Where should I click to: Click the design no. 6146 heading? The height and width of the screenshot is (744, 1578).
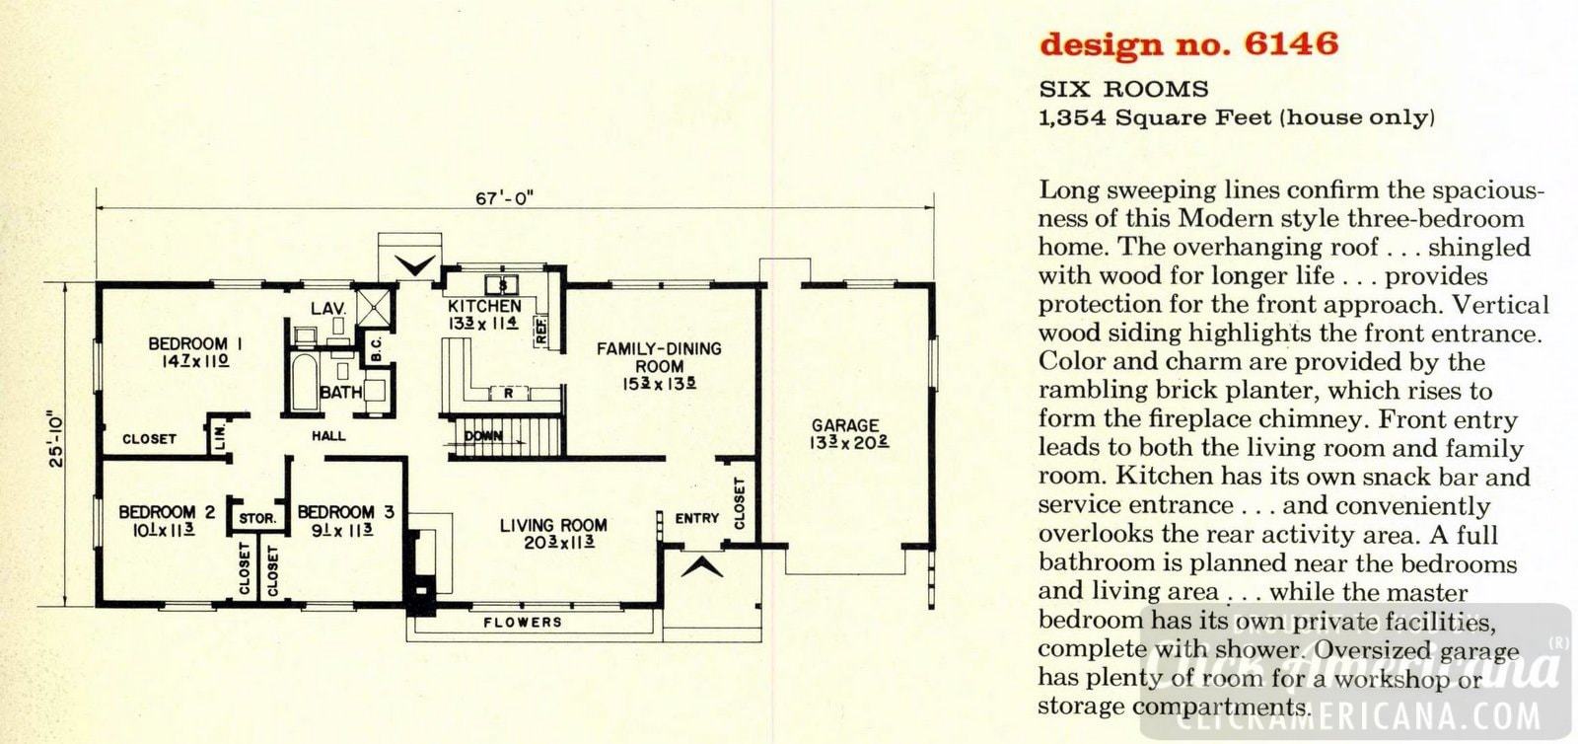pyautogui.click(x=1188, y=44)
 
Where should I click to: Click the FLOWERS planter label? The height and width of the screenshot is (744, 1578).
pyautogui.click(x=522, y=623)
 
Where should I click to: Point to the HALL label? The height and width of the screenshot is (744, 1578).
pyautogui.click(x=329, y=436)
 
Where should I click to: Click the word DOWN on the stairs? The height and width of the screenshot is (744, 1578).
pyautogui.click(x=483, y=436)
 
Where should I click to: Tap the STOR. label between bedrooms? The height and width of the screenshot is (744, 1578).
pyautogui.click(x=257, y=518)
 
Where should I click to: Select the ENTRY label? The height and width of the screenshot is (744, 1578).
pyautogui.click(x=696, y=518)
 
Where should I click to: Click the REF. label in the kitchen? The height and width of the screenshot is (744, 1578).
pyautogui.click(x=540, y=332)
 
